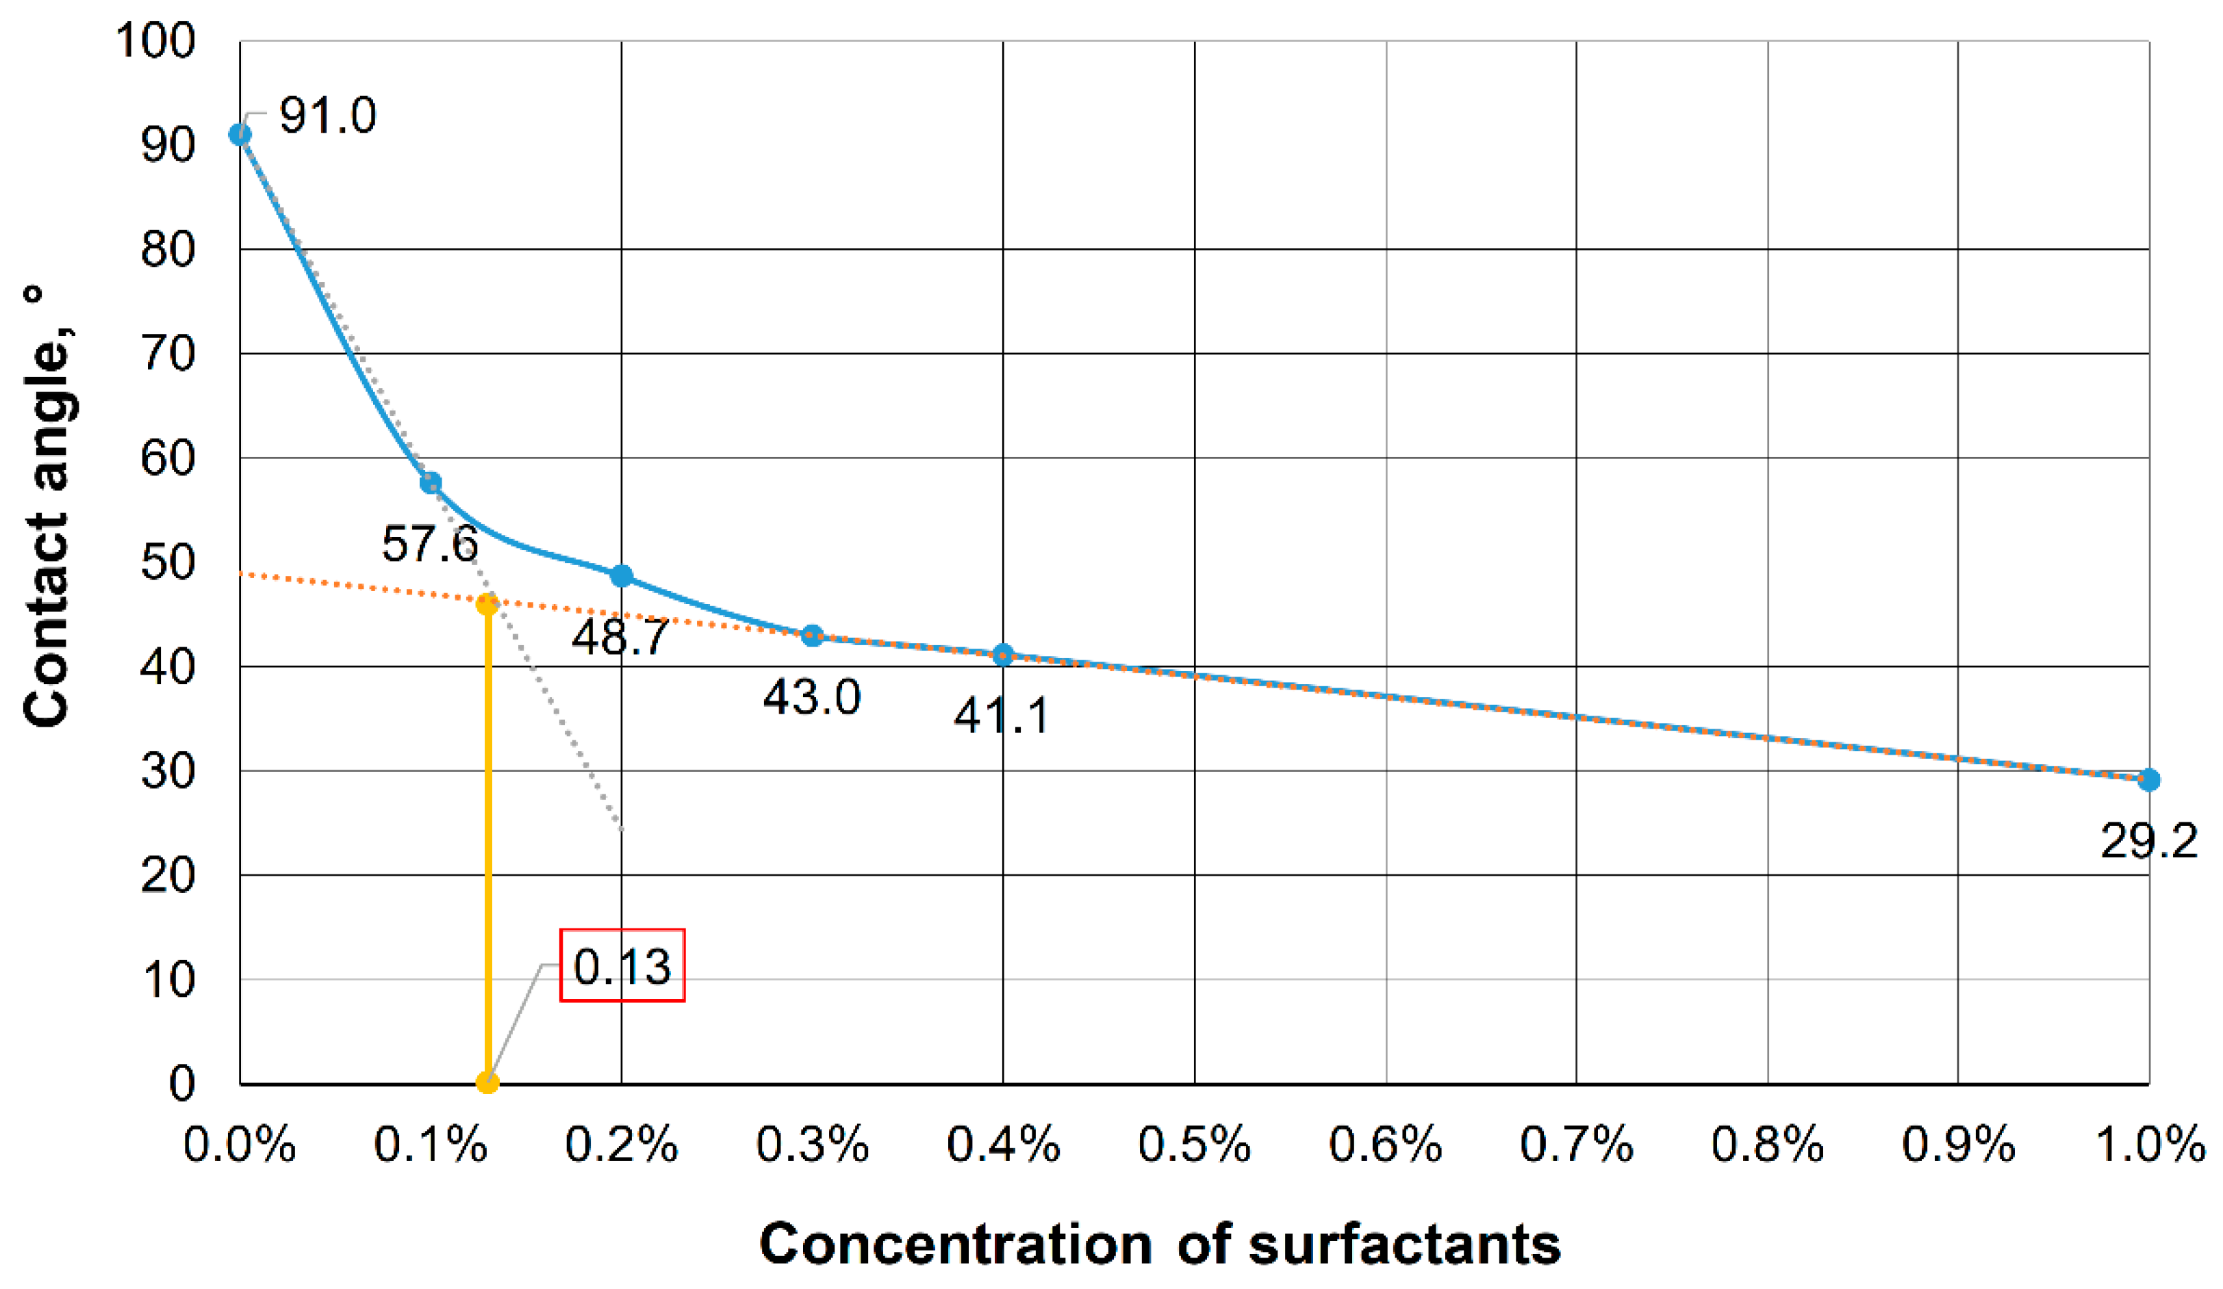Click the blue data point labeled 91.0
(240, 135)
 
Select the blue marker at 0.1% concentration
(431, 483)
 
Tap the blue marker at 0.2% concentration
(622, 577)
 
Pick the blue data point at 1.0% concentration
(2149, 780)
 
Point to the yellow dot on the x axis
(487, 1082)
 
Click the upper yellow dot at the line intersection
(487, 605)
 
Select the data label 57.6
(429, 543)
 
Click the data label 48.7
(620, 636)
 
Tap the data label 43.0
(811, 697)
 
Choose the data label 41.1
(1002, 715)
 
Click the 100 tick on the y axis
(155, 42)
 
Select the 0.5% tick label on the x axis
(1195, 1145)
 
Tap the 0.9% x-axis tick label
(1958, 1145)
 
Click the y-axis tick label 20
(168, 876)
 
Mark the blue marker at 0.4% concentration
(1003, 655)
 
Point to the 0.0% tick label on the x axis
(240, 1145)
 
